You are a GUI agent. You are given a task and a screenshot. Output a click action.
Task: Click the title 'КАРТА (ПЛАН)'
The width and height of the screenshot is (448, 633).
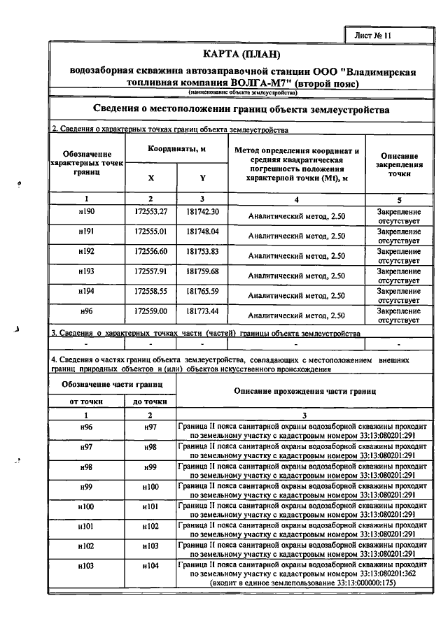click(x=241, y=54)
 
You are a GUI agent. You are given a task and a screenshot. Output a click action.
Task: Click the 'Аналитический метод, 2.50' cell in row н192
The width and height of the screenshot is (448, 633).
click(x=297, y=256)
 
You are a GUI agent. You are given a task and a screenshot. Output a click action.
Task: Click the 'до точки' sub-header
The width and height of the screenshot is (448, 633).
click(x=150, y=401)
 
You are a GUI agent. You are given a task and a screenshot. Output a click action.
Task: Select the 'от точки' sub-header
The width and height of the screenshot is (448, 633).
click(x=86, y=401)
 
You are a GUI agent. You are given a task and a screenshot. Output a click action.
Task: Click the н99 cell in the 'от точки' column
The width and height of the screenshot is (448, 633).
click(x=86, y=486)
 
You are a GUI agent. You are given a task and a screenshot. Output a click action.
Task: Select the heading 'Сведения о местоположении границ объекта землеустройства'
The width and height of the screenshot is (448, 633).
click(x=241, y=110)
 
